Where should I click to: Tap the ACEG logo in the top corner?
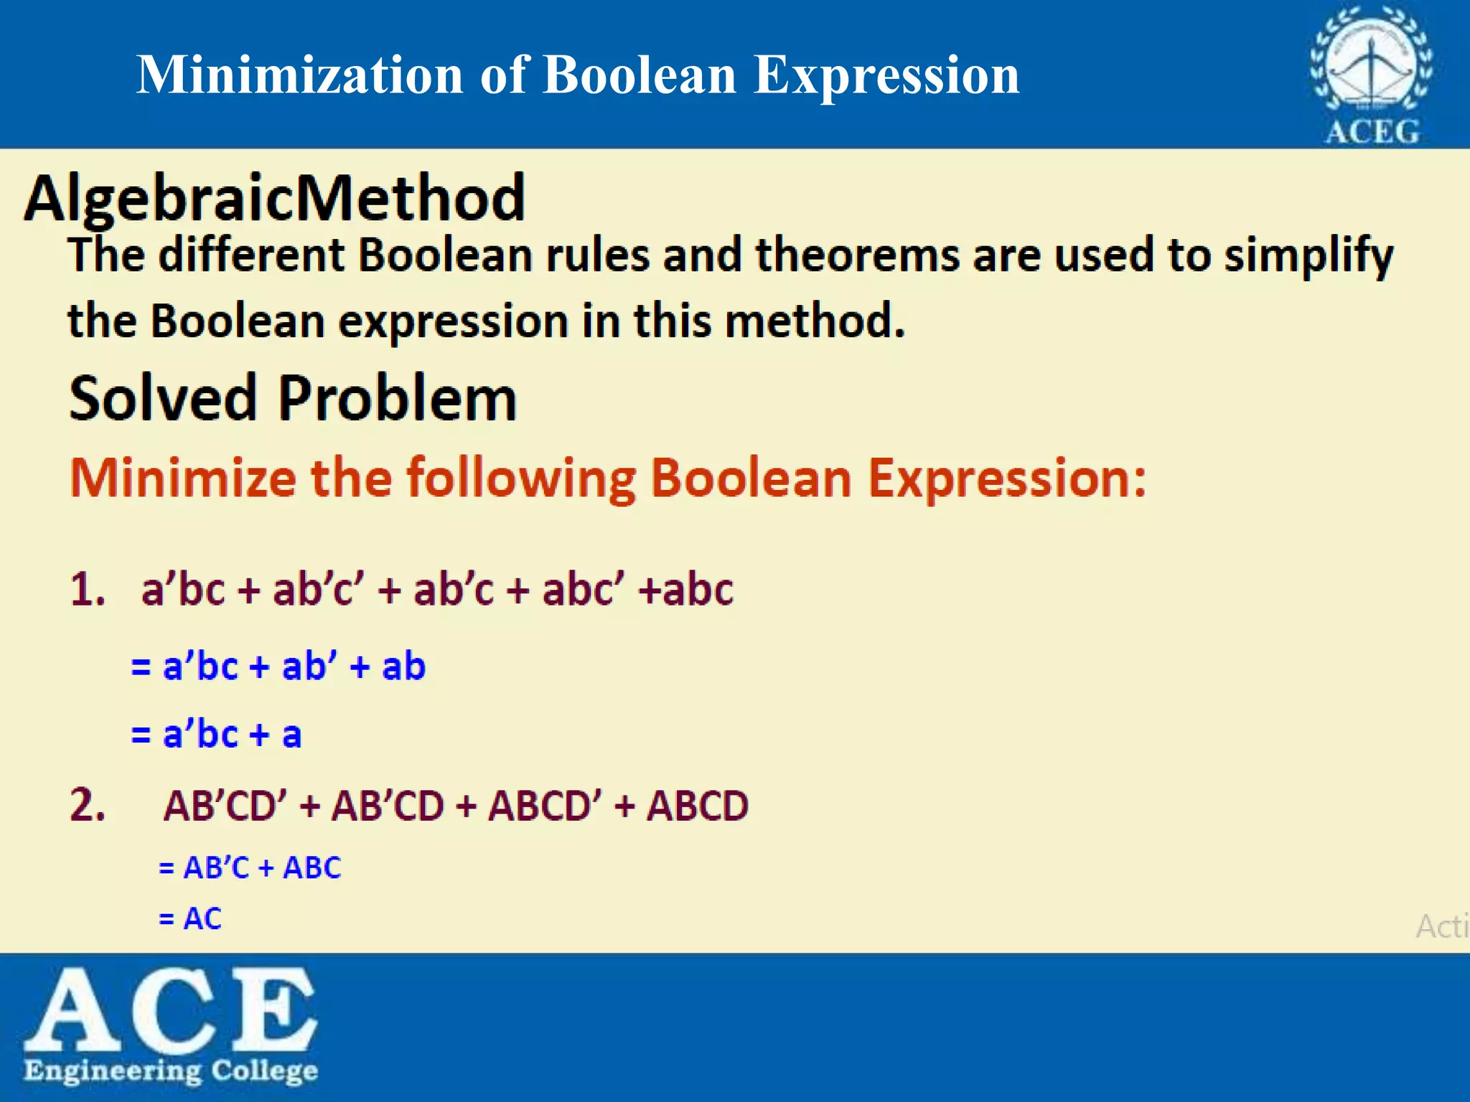pyautogui.click(x=1371, y=75)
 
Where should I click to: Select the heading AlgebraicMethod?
pyautogui.click(x=275, y=198)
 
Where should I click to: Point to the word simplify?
pyautogui.click(x=1308, y=257)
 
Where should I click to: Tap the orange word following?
pyautogui.click(x=521, y=479)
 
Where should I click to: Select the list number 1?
pyautogui.click(x=88, y=590)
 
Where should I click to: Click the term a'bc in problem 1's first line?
pyautogui.click(x=184, y=590)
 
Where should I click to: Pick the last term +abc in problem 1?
pyautogui.click(x=687, y=590)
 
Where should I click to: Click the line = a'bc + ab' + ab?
pyautogui.click(x=278, y=667)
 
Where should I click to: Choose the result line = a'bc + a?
pyautogui.click(x=216, y=735)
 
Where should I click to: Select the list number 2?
pyautogui.click(x=88, y=804)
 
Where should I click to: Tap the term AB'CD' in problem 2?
pyautogui.click(x=225, y=806)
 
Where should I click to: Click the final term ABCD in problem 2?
pyautogui.click(x=697, y=806)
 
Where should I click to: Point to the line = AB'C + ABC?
pyautogui.click(x=250, y=868)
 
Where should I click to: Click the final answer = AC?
pyautogui.click(x=190, y=919)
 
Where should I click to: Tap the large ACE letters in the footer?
pyautogui.click(x=171, y=1009)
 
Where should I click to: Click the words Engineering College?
pyautogui.click(x=171, y=1071)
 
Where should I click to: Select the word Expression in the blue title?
pyautogui.click(x=886, y=75)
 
